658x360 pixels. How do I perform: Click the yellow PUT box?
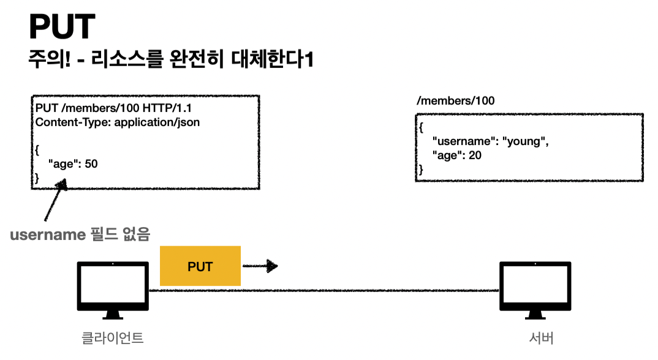tap(200, 266)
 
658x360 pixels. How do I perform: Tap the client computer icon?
tap(112, 290)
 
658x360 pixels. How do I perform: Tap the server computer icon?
tap(535, 290)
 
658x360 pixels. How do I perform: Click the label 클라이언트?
tap(112, 338)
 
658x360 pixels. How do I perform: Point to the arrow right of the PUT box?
tap(260, 266)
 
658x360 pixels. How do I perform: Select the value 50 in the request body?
tap(91, 164)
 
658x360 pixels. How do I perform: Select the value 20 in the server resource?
tap(475, 156)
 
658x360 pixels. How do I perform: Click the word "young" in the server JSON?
tap(524, 142)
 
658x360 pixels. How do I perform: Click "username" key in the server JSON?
tap(461, 142)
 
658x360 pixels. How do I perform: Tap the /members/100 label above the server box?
tap(455, 100)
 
